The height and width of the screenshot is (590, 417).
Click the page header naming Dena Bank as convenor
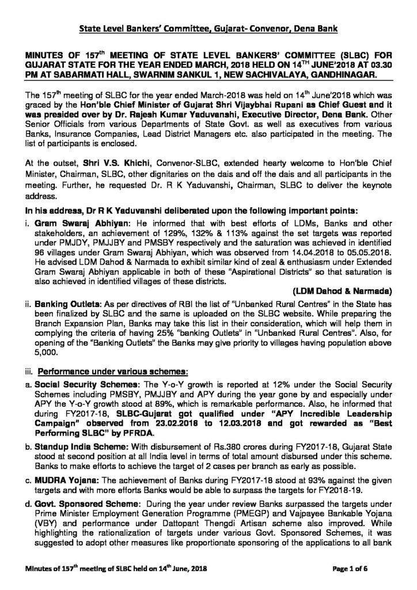point(208,28)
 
